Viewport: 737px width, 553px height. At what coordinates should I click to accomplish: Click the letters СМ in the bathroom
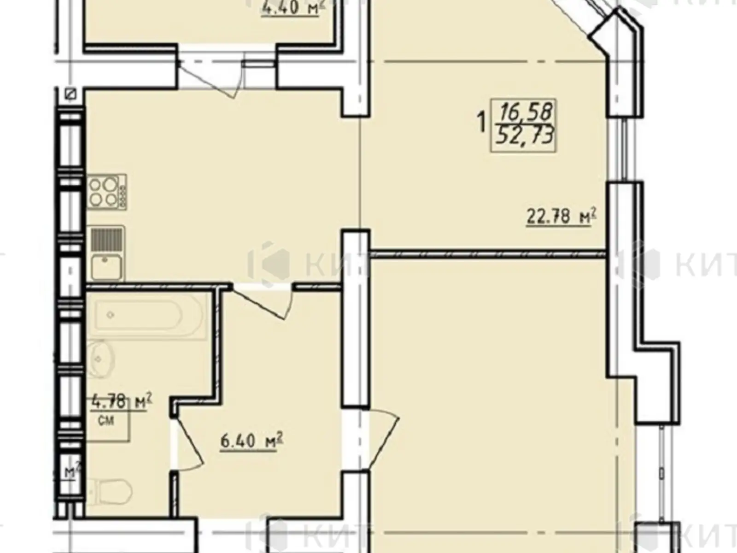point(106,421)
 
